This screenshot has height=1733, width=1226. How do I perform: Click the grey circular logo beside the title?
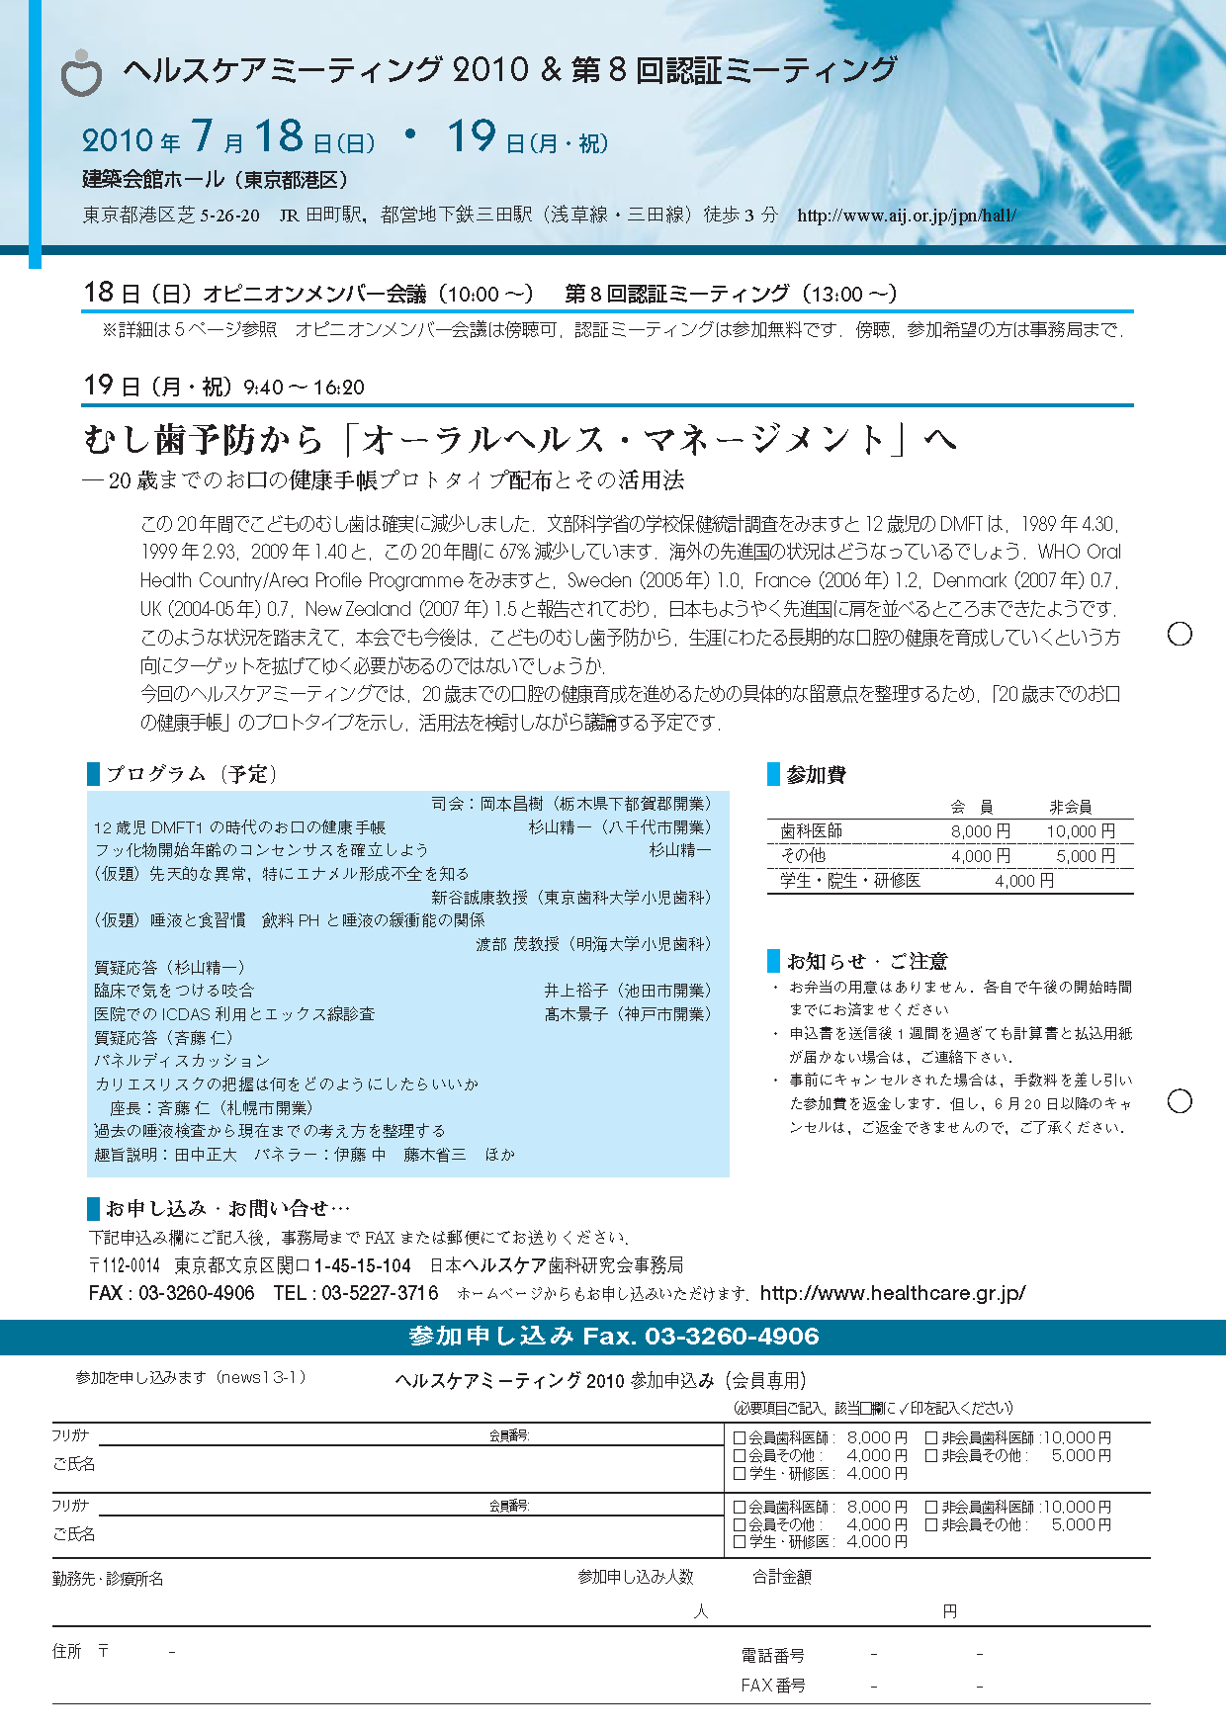(81, 74)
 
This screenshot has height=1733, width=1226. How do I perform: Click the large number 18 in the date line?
(278, 136)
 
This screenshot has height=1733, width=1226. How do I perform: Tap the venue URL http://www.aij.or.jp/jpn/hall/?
(906, 216)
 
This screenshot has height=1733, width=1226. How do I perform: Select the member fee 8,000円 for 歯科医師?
(980, 831)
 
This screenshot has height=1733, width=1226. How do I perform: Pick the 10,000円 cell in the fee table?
(1080, 831)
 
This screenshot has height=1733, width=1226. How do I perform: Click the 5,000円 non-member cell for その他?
(1085, 856)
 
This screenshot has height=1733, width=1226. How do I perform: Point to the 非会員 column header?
(1070, 807)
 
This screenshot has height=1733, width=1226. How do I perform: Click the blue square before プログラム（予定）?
(94, 773)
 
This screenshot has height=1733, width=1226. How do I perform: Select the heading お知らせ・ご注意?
(866, 961)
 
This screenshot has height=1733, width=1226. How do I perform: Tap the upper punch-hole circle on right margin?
(1180, 634)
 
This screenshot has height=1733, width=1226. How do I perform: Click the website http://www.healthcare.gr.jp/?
(893, 1293)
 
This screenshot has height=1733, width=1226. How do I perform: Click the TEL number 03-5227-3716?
(380, 1293)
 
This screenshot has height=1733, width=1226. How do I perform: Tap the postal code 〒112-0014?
(125, 1265)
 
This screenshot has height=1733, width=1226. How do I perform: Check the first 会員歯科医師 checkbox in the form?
(740, 1438)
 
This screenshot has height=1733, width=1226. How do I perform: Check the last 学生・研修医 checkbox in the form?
(740, 1542)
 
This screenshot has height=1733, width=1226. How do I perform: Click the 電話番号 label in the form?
(772, 1655)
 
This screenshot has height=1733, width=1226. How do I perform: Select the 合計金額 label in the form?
(781, 1577)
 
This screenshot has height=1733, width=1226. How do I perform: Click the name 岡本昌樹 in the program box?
(511, 804)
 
